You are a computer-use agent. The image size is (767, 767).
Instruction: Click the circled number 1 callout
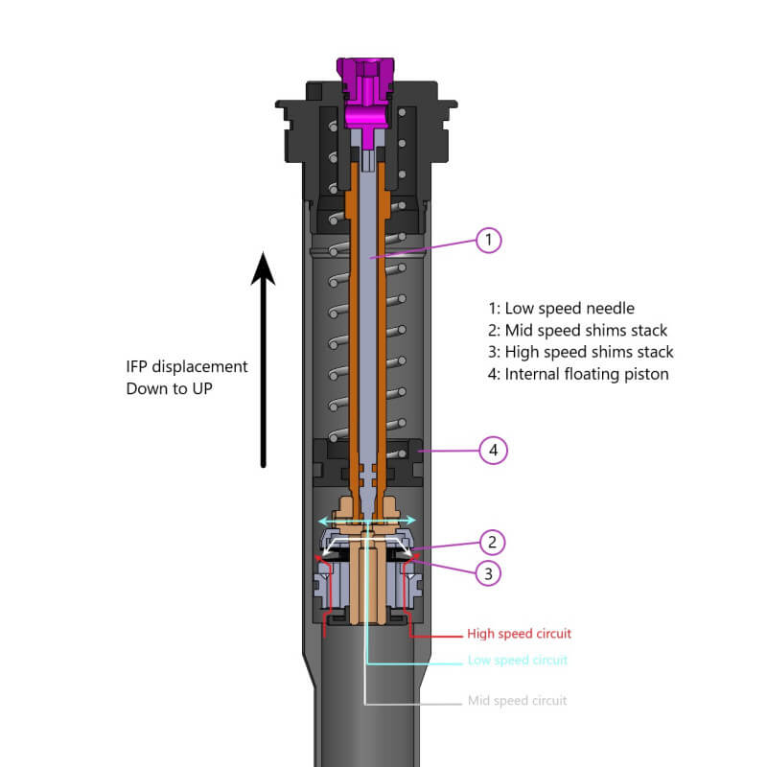(488, 240)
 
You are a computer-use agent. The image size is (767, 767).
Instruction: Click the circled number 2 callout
(491, 544)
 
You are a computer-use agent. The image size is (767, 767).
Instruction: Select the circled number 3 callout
(488, 573)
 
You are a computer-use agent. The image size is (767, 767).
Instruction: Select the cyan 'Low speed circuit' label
(517, 661)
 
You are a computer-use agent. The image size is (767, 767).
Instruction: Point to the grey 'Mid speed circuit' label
(517, 700)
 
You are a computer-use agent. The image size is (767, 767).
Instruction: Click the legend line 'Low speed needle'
(561, 309)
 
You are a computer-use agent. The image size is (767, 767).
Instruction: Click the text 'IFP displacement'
(187, 366)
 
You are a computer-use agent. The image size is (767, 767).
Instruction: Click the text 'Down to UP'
(167, 388)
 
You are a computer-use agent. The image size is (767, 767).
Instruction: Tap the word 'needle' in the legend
(611, 309)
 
